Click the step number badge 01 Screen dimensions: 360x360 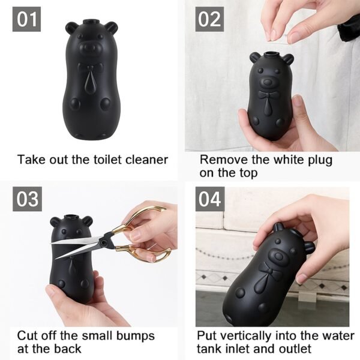click(x=26, y=19)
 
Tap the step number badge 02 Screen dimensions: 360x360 click(x=210, y=19)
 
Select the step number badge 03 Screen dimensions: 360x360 click(x=26, y=199)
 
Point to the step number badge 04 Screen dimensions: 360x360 click(x=210, y=199)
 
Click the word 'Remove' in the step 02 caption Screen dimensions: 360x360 click(x=222, y=160)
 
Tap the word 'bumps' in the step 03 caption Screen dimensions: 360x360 click(x=135, y=335)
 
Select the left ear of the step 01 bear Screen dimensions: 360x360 click(x=72, y=27)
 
